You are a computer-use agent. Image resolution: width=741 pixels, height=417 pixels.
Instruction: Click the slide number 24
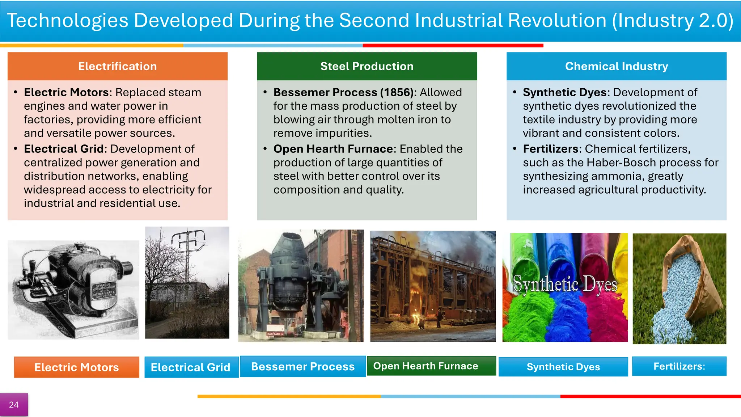14,405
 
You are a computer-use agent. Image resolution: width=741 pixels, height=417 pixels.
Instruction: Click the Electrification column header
117,66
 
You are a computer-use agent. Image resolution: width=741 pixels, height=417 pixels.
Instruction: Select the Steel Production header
367,66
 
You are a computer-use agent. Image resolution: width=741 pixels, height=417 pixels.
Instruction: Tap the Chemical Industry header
616,66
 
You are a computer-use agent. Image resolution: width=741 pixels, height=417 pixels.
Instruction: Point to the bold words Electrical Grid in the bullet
64,149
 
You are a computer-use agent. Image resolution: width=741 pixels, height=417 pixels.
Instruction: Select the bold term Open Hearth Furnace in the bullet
333,149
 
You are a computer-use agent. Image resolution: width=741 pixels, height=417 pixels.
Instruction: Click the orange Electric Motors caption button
76,367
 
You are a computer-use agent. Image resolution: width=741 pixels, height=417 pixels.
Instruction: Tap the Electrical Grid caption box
191,367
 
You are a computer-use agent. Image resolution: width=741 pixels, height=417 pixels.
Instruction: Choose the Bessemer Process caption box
303,366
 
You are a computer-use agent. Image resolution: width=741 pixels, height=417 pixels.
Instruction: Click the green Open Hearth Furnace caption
426,366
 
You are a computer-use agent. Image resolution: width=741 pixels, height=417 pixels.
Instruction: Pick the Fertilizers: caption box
679,366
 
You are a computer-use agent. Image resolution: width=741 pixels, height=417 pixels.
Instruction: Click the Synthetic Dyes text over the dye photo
565,284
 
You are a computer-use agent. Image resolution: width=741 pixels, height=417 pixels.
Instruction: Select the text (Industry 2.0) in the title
673,20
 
